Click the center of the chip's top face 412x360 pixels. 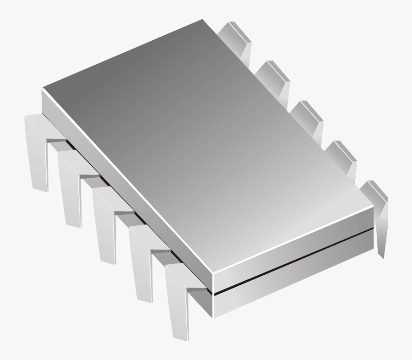click(x=208, y=147)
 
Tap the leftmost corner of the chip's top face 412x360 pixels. click(x=43, y=88)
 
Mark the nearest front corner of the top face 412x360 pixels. click(x=214, y=272)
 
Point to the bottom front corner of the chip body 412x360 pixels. click(x=214, y=317)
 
